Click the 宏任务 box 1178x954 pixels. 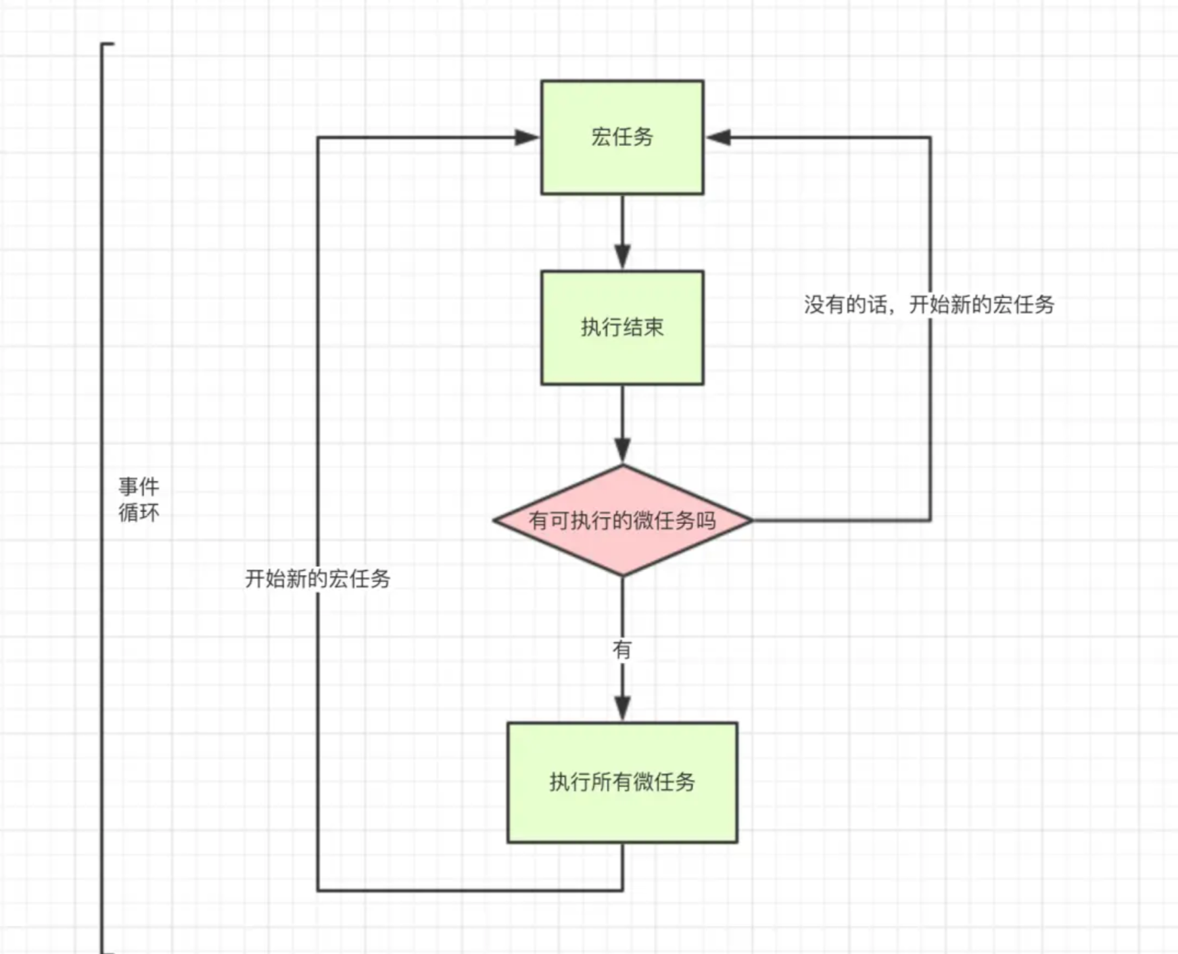point(622,137)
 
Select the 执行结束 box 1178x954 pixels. point(622,327)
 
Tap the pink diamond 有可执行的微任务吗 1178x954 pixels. point(622,521)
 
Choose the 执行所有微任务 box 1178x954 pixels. point(622,782)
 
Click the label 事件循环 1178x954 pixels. point(139,500)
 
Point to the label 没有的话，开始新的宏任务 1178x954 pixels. point(929,304)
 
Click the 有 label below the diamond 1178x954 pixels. point(622,650)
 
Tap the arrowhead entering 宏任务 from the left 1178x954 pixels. point(527,137)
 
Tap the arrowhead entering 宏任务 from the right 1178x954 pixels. point(718,137)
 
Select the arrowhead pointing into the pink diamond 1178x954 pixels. point(622,450)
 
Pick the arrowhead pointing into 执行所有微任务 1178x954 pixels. point(622,708)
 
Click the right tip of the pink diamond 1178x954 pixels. point(751,521)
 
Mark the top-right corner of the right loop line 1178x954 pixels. point(930,137)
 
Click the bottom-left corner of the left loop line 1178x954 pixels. point(318,890)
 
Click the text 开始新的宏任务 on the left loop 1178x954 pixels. point(318,579)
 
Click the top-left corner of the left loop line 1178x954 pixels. point(318,137)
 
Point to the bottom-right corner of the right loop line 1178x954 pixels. point(930,520)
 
